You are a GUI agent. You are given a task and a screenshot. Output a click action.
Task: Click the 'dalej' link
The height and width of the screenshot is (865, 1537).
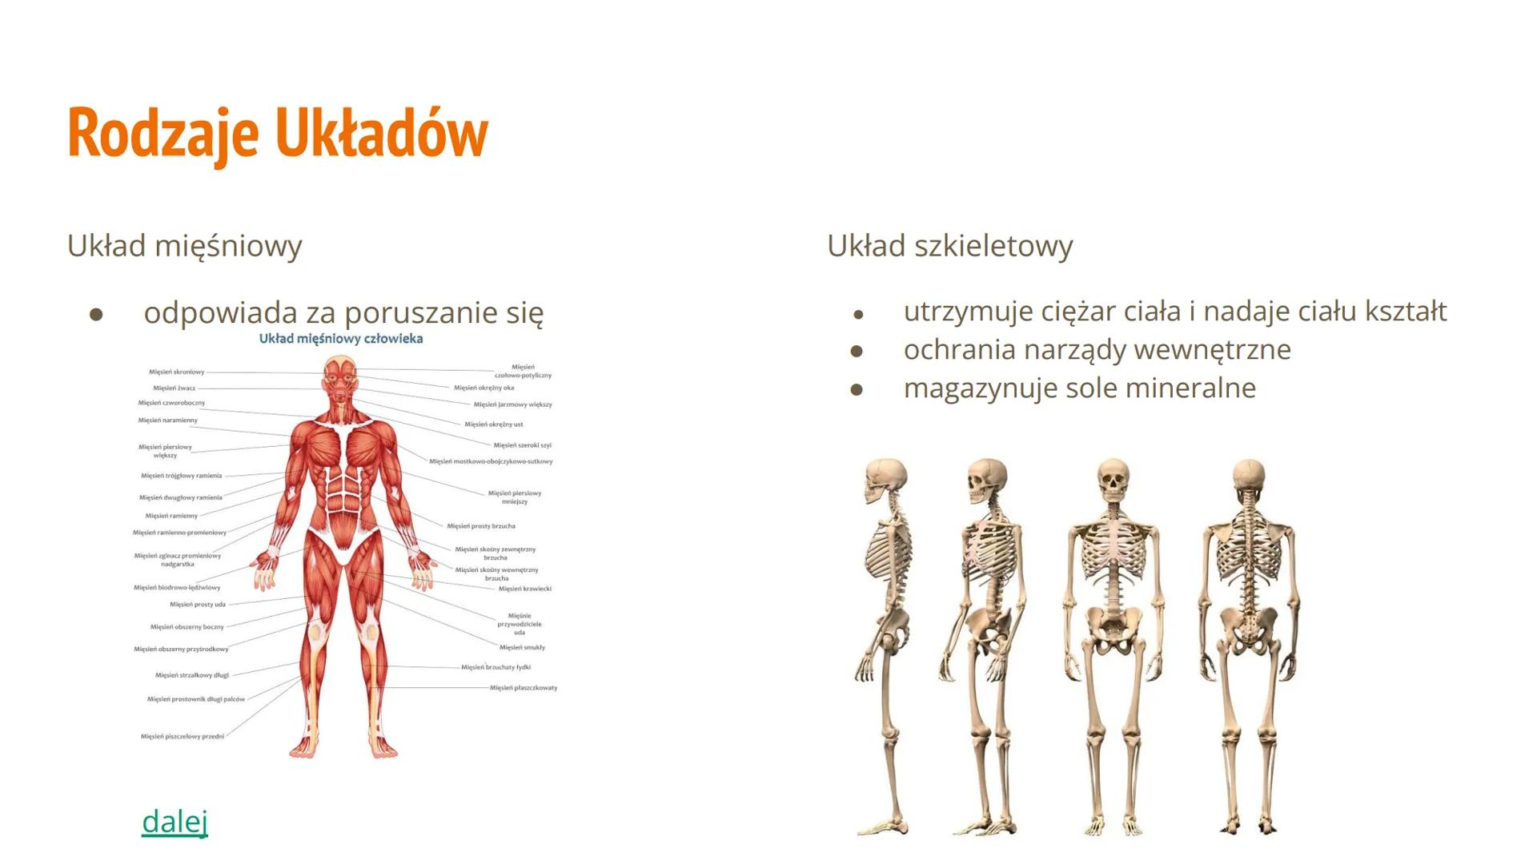175,821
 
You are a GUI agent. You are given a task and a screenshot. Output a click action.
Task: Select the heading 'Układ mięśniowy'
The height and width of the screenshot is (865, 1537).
184,246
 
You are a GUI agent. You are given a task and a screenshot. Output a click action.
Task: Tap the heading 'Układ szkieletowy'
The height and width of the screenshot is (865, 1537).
949,246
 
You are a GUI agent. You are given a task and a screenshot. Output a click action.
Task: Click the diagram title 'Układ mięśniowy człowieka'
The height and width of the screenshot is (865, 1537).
341,339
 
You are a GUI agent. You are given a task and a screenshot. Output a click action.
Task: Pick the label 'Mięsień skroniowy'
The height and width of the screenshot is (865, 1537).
177,372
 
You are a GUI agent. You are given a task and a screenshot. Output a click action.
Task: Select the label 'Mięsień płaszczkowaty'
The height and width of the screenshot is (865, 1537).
524,687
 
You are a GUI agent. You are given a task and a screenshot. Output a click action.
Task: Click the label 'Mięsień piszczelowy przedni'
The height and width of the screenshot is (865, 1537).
183,736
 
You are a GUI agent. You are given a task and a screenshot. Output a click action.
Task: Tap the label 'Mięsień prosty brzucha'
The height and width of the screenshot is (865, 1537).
481,526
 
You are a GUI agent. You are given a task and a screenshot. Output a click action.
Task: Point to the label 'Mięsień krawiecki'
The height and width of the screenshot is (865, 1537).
525,589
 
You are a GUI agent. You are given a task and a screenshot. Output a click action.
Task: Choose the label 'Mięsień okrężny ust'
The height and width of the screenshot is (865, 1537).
494,424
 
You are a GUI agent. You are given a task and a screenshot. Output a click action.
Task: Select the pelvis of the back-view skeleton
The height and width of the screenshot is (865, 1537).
1249,629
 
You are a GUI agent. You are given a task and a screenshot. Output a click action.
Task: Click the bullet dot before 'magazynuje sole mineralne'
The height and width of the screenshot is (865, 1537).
857,389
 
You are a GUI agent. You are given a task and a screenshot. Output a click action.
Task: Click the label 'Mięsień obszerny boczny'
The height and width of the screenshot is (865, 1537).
187,627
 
